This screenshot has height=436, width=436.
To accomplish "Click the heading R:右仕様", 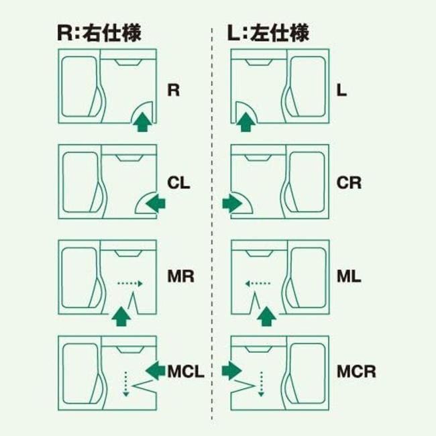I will click(100, 33).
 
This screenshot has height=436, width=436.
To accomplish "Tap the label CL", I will click(178, 182).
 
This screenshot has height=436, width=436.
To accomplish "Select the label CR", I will click(349, 182).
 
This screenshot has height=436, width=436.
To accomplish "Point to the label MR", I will click(180, 276).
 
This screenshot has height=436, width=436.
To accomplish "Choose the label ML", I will click(349, 276).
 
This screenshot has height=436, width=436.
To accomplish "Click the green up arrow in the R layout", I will click(141, 122).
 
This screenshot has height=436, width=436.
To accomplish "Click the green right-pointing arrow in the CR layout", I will click(233, 202).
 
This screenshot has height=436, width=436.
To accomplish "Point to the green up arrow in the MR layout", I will click(120, 315).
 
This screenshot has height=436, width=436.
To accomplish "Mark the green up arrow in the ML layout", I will click(267, 315).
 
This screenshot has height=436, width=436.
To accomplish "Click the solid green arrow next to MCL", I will click(156, 368).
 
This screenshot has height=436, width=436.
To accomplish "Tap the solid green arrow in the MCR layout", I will click(232, 368).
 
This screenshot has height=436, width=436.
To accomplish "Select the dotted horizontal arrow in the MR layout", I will click(131, 284).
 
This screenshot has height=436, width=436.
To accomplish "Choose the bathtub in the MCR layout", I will click(307, 372).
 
